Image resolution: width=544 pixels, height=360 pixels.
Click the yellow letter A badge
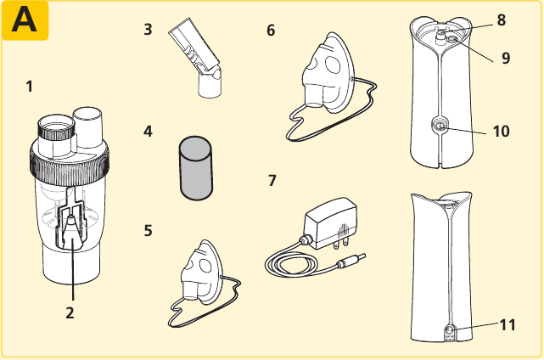pos(25,20)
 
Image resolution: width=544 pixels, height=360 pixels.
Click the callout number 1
pos(30,87)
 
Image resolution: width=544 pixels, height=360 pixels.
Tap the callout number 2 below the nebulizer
pos(70,313)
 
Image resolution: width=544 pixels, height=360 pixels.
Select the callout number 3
pos(148,30)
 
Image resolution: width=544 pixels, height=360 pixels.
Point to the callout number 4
pos(148,132)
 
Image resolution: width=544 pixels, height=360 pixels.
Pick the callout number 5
pos(149,230)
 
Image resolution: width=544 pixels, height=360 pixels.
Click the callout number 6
pos(271,31)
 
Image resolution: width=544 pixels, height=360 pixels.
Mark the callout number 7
pos(272,181)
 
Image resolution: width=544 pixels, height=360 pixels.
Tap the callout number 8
pos(502,20)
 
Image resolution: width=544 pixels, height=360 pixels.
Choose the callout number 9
pos(506,58)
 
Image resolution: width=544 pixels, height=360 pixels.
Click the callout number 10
pos(502,132)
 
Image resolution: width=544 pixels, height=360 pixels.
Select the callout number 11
pos(508,325)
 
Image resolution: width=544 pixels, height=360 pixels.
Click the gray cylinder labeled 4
pos(196,168)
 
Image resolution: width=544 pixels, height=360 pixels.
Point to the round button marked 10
pos(440,127)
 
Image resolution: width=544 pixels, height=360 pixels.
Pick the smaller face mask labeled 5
pos(201,273)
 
